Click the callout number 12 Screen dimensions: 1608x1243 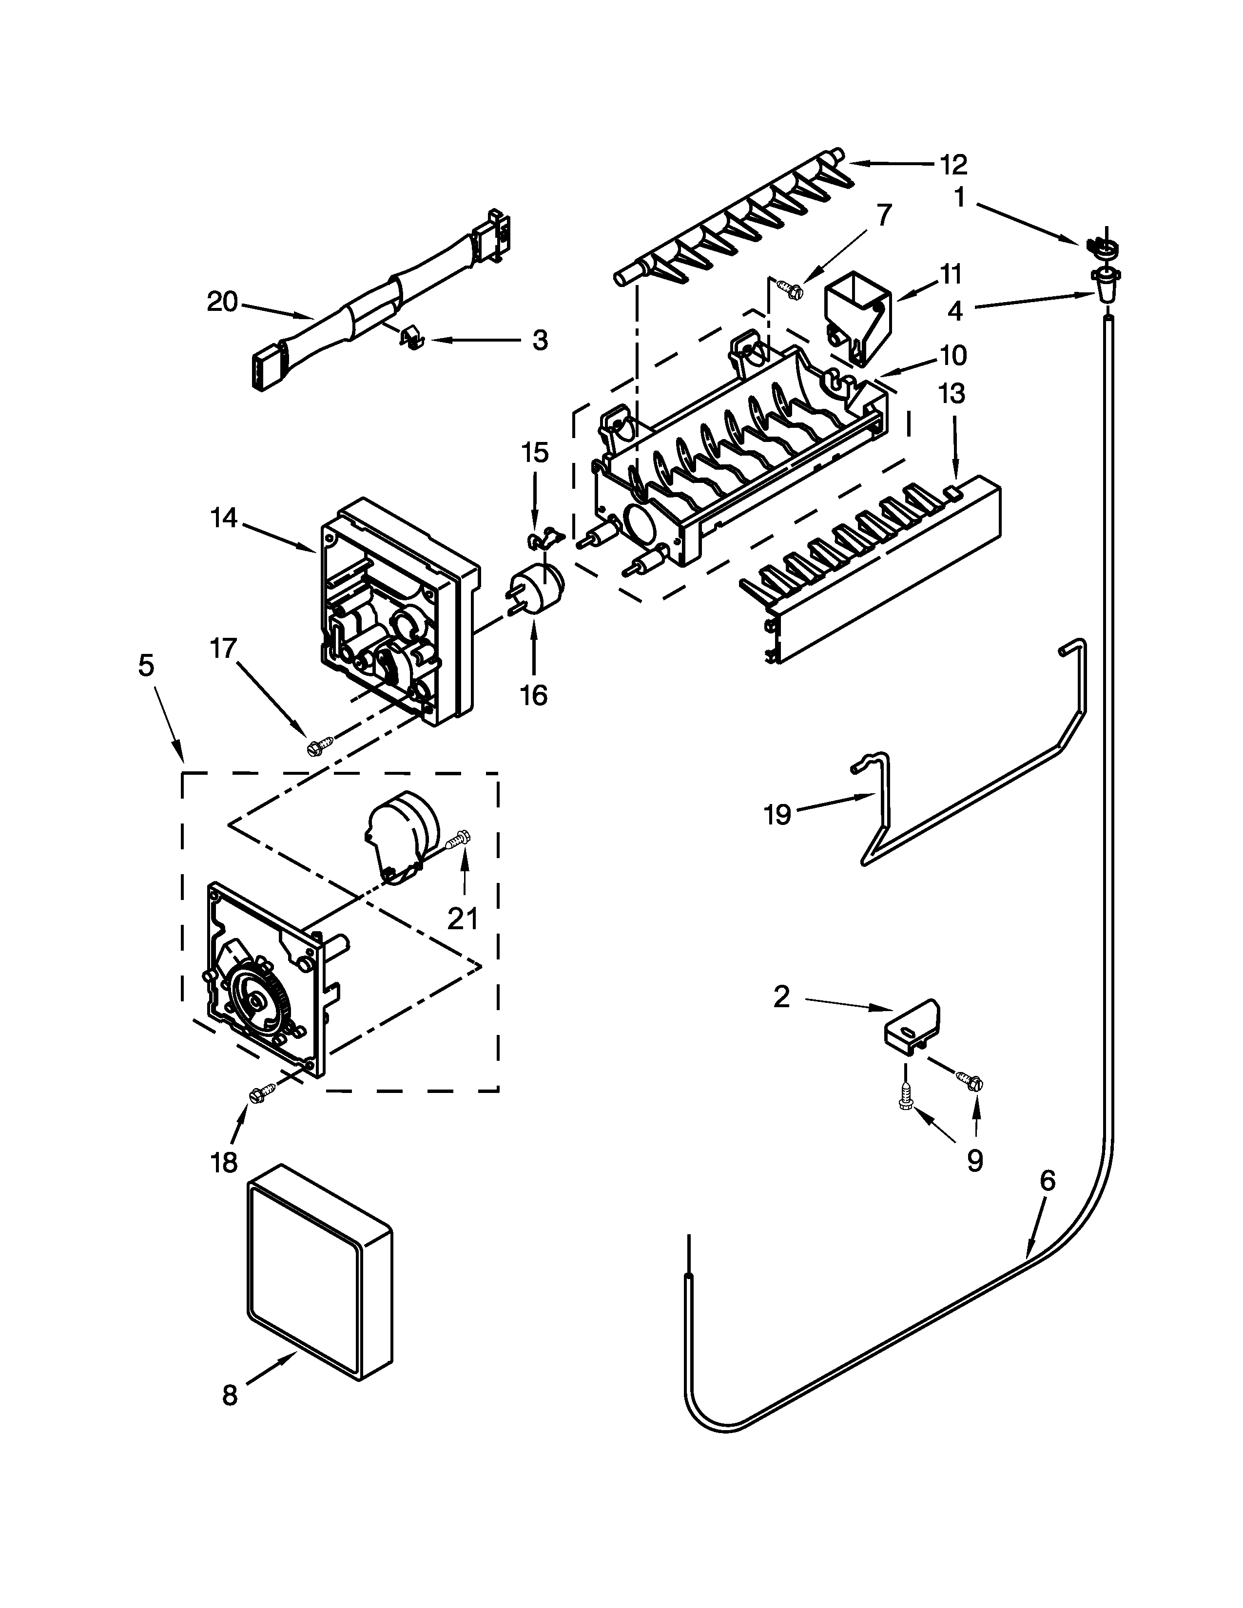pyautogui.click(x=953, y=164)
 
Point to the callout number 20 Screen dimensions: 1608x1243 pyautogui.click(x=222, y=302)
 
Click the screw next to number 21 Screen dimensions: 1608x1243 pyautogui.click(x=462, y=839)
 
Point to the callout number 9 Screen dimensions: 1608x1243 pyautogui.click(x=974, y=1161)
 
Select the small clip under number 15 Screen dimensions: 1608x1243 pyautogui.click(x=544, y=540)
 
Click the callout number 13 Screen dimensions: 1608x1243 pyautogui.click(x=952, y=393)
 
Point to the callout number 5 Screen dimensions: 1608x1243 pyautogui.click(x=147, y=666)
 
